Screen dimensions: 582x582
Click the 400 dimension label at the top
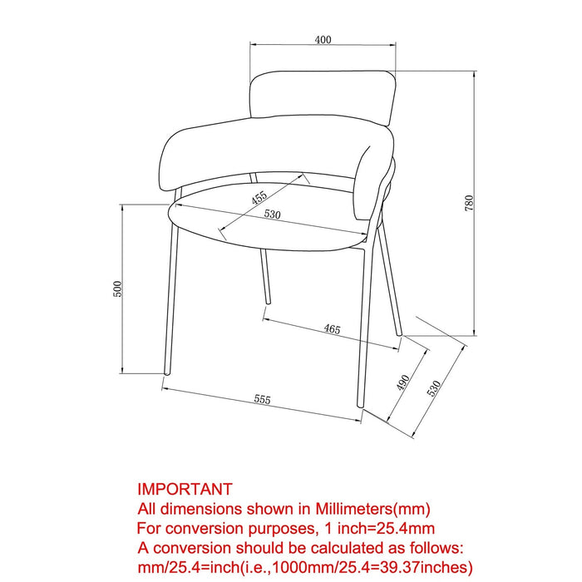323,39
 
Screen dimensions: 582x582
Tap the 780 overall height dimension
469,203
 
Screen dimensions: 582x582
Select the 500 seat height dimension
117,289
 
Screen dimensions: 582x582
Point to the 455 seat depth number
259,197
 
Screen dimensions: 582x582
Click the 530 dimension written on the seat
273,215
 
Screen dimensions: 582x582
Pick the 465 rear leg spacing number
332,329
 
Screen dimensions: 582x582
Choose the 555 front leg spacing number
263,399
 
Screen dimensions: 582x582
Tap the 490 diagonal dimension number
402,382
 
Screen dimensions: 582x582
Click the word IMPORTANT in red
185,489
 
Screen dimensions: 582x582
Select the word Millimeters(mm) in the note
372,509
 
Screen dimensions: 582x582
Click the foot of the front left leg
166,372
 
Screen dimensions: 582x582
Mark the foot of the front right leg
360,405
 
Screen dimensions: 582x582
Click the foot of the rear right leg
399,333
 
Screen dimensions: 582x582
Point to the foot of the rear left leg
268,302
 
